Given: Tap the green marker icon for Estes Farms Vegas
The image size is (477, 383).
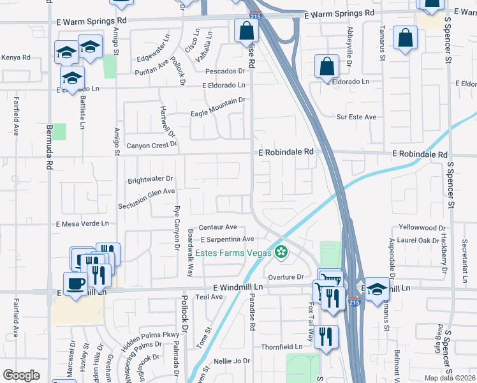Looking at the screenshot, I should [281, 252].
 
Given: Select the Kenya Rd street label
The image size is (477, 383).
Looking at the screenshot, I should [15, 57].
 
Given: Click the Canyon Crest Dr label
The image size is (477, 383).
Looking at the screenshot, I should [152, 145].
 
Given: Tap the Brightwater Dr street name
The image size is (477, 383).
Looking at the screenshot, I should [150, 179].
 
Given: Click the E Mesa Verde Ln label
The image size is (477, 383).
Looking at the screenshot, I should [83, 224].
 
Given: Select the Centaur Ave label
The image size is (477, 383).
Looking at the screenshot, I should [217, 227].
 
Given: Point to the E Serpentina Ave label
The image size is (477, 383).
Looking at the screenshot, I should [227, 239].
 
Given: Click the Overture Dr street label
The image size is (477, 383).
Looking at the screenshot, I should [286, 277].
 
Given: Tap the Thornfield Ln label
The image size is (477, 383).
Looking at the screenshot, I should [281, 347].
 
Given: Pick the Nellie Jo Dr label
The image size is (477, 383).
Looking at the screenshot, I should [232, 361].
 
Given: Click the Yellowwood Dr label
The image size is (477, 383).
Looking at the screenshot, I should [422, 227].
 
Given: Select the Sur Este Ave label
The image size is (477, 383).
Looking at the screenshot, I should [356, 117].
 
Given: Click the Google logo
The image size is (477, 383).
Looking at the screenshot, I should [21, 375].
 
